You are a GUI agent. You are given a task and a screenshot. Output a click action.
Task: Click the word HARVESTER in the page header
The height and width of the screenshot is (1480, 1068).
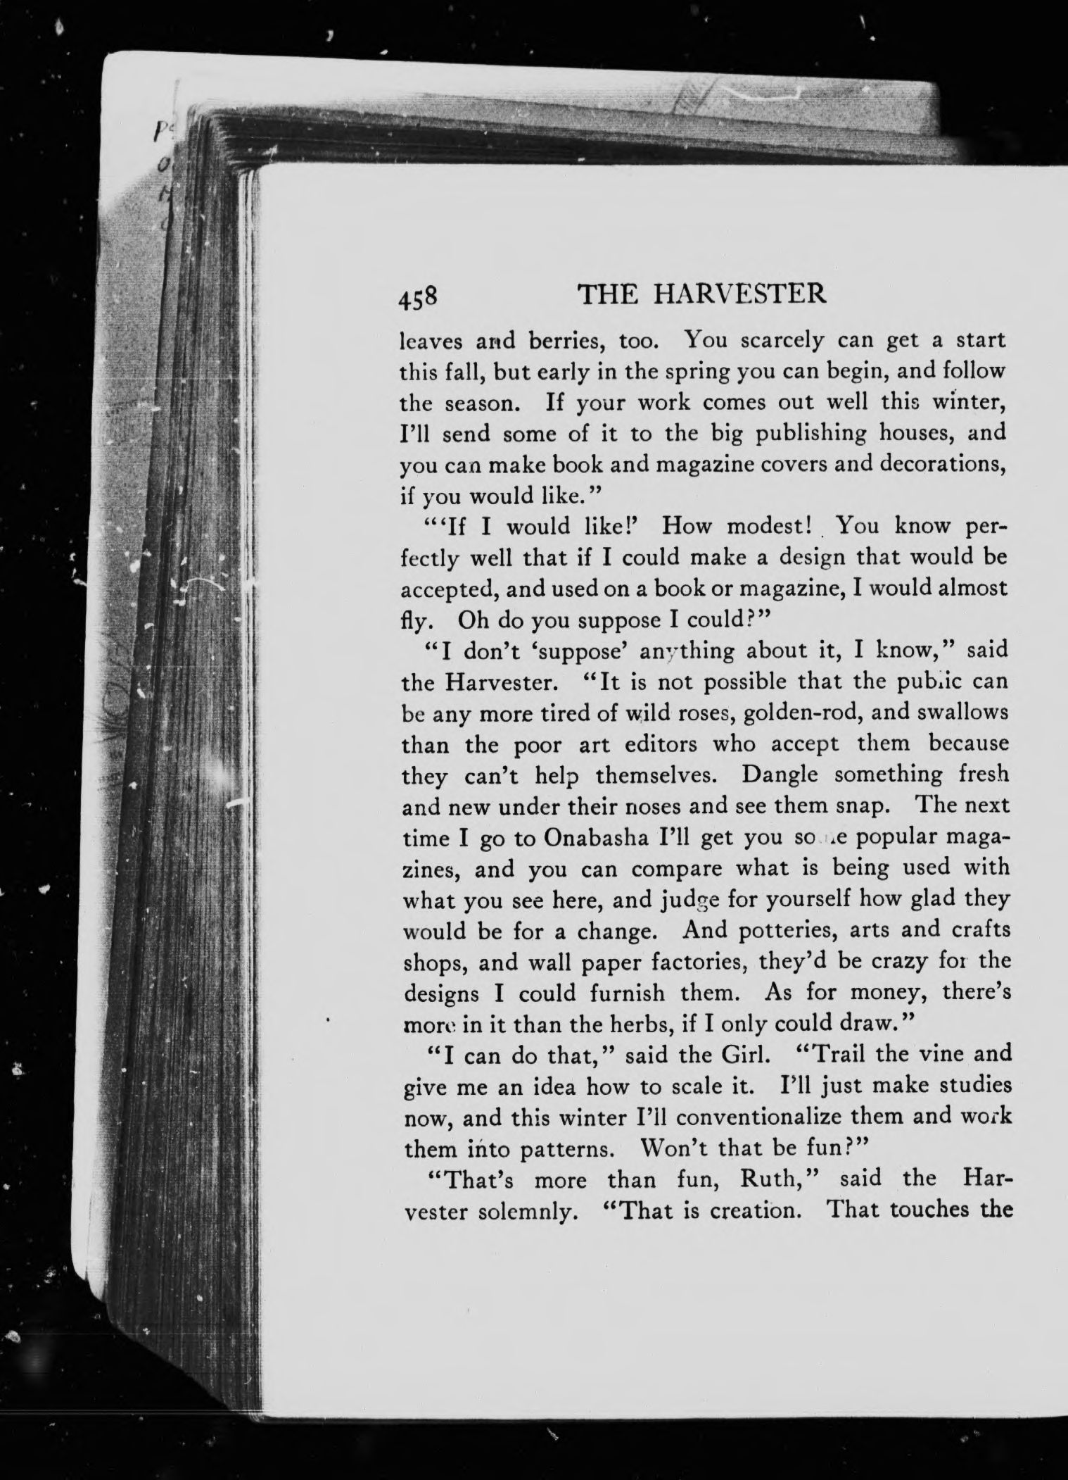click(x=739, y=293)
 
